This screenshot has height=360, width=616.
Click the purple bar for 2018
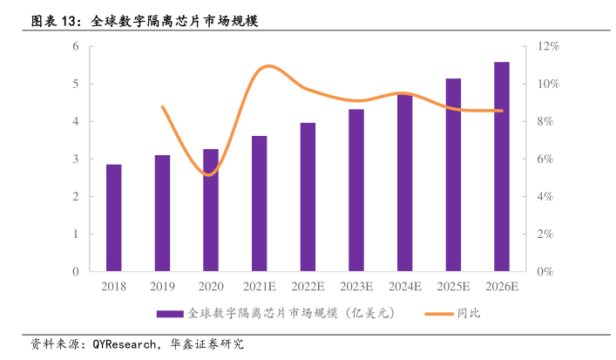113,218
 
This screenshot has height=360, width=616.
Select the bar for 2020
211,210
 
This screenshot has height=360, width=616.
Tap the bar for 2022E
308,197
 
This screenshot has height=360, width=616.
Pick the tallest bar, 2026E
502,166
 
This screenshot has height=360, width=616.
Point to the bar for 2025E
453,174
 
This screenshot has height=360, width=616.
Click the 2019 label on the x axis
162,286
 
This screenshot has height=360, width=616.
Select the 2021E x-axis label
260,286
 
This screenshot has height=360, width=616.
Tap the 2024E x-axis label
405,286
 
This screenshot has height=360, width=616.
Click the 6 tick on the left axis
76,46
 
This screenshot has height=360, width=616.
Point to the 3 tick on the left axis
76,159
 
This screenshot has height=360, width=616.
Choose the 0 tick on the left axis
76,271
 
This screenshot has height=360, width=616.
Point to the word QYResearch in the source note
123,343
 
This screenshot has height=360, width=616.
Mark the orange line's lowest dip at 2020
209,174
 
